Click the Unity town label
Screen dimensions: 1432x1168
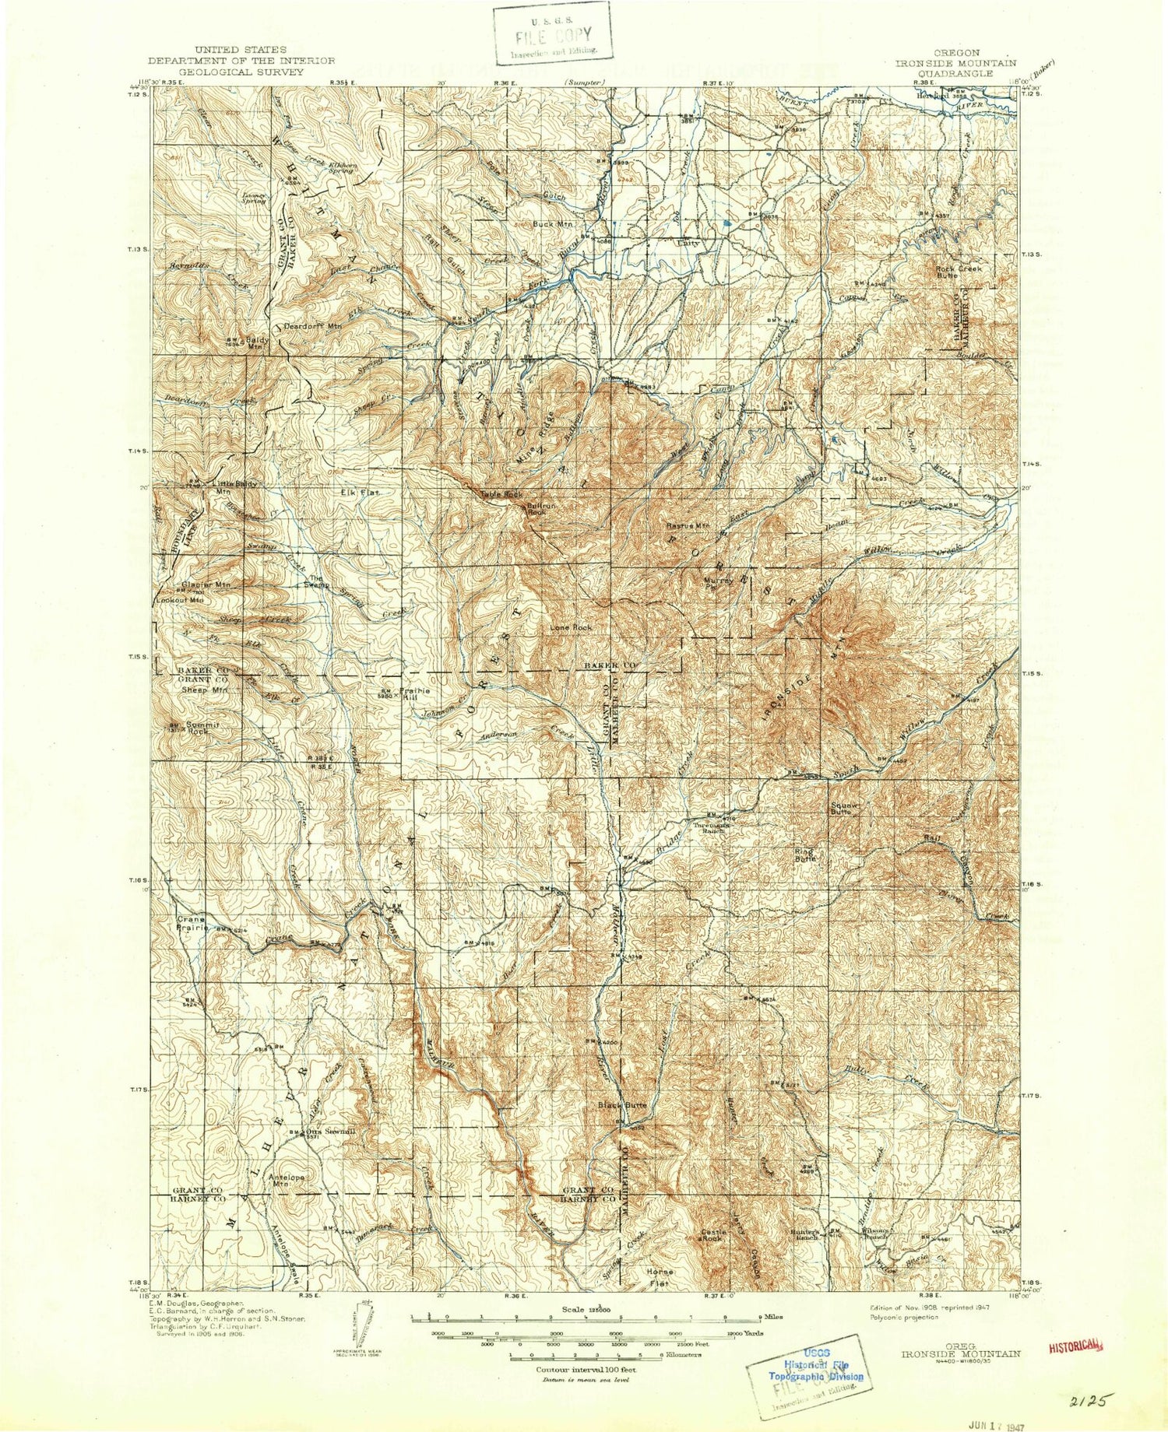coord(688,244)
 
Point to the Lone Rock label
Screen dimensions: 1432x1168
coord(571,627)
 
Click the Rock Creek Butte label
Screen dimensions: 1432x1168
coord(958,272)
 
